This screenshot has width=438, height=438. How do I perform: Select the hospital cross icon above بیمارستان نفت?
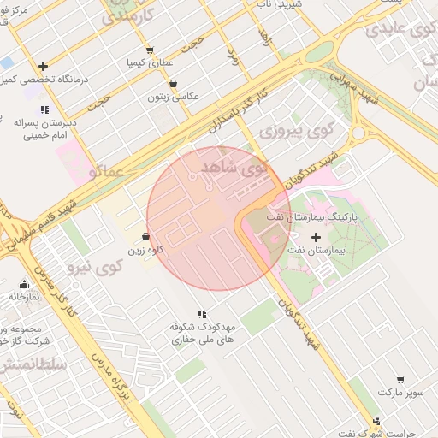click(317, 236)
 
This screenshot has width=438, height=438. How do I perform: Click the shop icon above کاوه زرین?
click(145, 237)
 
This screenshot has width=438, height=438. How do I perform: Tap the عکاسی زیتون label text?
click(174, 97)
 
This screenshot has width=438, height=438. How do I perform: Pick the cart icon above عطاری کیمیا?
click(151, 50)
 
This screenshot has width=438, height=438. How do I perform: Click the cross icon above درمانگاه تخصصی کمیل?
click(43, 66)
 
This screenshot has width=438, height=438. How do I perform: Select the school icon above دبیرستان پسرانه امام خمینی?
click(44, 109)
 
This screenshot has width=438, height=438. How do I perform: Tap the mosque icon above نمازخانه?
click(24, 284)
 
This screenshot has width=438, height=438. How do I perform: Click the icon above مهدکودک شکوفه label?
click(202, 315)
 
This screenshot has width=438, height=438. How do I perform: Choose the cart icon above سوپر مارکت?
click(400, 379)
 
